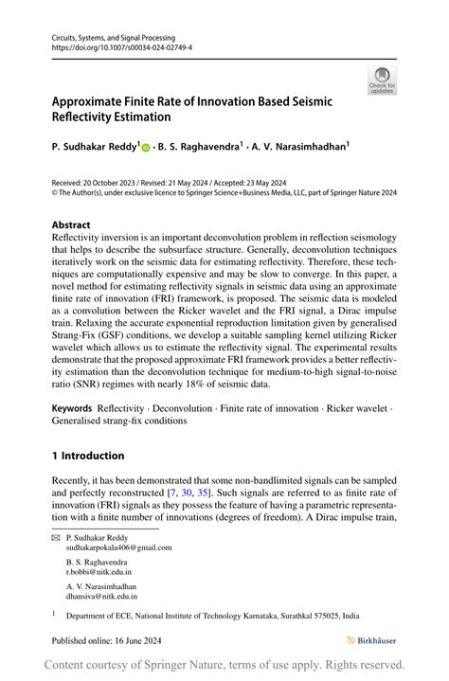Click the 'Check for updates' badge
pyautogui.click(x=382, y=80)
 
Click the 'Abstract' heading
pyautogui.click(x=72, y=225)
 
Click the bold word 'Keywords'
pyautogui.click(x=72, y=408)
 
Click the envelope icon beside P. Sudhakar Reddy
pyautogui.click(x=56, y=537)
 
